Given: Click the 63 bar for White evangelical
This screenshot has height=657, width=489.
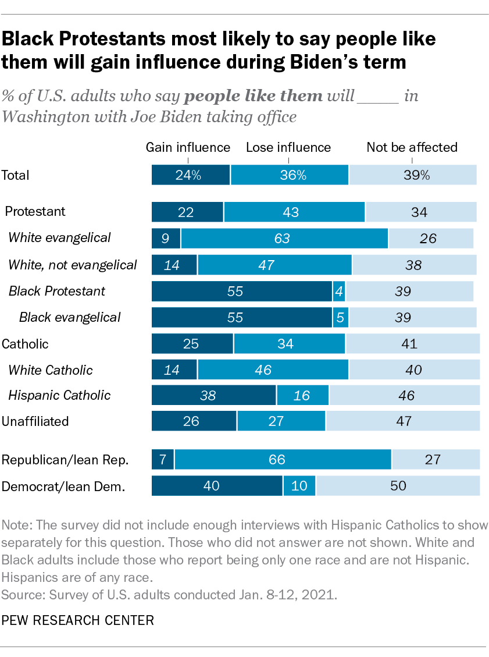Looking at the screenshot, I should pyautogui.click(x=284, y=238).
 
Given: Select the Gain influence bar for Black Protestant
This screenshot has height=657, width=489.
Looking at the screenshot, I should pyautogui.click(x=242, y=291).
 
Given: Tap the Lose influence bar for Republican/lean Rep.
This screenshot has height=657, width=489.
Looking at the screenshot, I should pyautogui.click(x=283, y=460).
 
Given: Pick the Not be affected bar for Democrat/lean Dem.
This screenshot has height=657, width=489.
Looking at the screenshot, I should pyautogui.click(x=398, y=485).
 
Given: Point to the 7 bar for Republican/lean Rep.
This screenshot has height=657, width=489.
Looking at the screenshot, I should pyautogui.click(x=163, y=460).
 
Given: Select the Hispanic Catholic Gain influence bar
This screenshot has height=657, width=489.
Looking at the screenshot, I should pyautogui.click(x=214, y=396).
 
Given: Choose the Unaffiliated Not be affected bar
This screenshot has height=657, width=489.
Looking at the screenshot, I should pyautogui.click(x=403, y=421).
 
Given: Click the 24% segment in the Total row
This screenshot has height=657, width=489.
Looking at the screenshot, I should pyautogui.click(x=191, y=175).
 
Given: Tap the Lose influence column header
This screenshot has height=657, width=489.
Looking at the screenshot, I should pyautogui.click(x=288, y=147).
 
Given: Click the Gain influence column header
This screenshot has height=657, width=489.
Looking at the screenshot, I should pyautogui.click(x=188, y=147).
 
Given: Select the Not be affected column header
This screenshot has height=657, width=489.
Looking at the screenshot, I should pyautogui.click(x=412, y=147).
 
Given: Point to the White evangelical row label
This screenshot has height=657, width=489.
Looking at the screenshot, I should pyautogui.click(x=59, y=237).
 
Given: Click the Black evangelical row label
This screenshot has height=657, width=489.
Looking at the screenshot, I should pyautogui.click(x=70, y=317).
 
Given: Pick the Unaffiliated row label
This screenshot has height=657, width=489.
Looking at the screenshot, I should pyautogui.click(x=35, y=421).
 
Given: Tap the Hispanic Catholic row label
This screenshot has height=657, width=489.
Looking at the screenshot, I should pyautogui.click(x=59, y=396).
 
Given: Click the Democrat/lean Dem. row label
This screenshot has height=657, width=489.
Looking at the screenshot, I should pyautogui.click(x=64, y=485).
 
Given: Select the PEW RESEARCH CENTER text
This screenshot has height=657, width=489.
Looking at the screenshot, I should pyautogui.click(x=78, y=620).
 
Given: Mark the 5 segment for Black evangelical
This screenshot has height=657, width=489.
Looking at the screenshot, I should pyautogui.click(x=341, y=317).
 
